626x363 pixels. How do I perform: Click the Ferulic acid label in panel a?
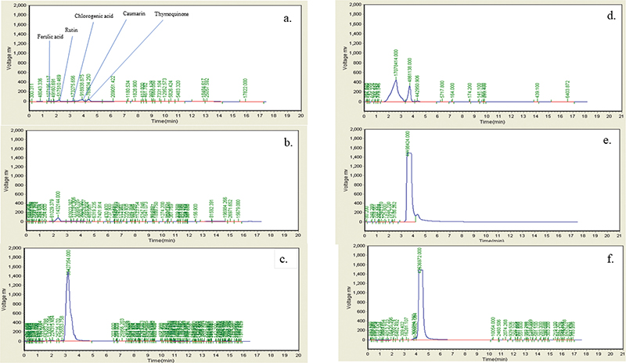51,36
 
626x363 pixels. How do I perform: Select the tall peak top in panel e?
408,153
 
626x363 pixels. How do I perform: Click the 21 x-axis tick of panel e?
621,229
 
